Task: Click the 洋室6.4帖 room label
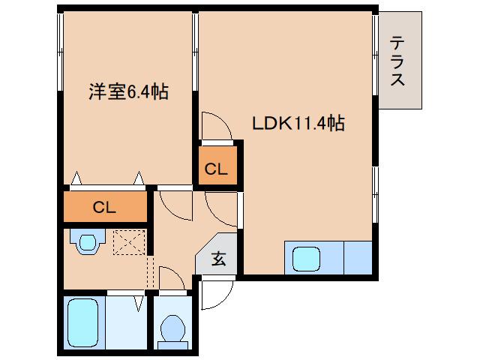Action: pyautogui.click(x=128, y=93)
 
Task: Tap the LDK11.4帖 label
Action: pyautogui.click(x=298, y=123)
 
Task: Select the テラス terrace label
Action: pyautogui.click(x=397, y=61)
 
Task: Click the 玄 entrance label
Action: pyautogui.click(x=218, y=259)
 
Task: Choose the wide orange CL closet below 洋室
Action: pyautogui.click(x=104, y=207)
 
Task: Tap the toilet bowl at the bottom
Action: pyautogui.click(x=174, y=328)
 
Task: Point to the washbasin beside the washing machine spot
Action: pyautogui.click(x=86, y=242)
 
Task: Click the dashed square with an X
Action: pyautogui.click(x=127, y=242)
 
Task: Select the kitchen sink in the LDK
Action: pyautogui.click(x=307, y=259)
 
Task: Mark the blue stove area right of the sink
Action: pyautogui.click(x=358, y=259)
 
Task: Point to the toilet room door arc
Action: pyautogui.click(x=171, y=280)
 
